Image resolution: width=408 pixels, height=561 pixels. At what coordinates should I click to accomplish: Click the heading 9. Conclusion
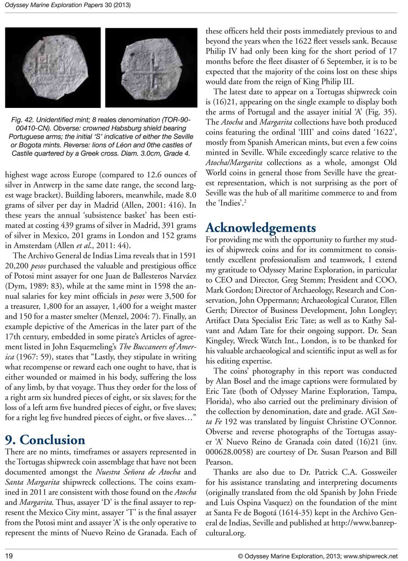(x=44, y=439)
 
